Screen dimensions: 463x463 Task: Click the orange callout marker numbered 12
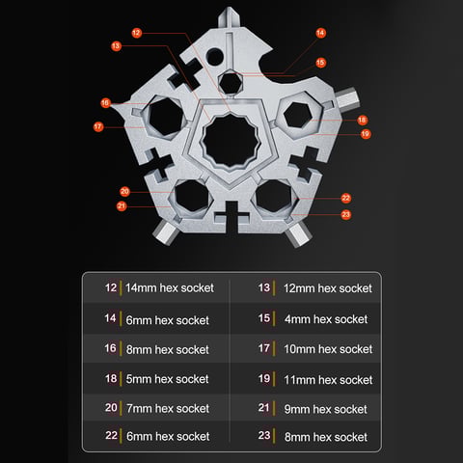coord(137,33)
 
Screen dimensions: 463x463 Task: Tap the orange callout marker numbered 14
coord(320,33)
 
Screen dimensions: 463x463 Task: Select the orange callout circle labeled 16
coord(105,103)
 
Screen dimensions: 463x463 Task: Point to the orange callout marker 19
coord(366,134)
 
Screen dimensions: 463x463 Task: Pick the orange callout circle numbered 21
coord(122,205)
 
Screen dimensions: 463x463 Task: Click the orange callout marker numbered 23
coord(345,214)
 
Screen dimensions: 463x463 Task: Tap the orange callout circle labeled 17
coord(98,126)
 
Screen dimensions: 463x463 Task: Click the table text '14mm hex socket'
coord(170,287)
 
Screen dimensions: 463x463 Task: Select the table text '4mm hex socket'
coord(326,319)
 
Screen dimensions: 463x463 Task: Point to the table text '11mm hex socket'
coord(328,380)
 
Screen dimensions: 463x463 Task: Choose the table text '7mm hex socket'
coord(168,408)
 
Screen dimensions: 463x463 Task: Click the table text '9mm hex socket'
coord(325,409)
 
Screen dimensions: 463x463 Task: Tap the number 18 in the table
coord(111,378)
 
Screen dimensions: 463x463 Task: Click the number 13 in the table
coord(264,287)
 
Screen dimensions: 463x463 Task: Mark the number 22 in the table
coord(111,435)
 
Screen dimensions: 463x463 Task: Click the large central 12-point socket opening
coord(231,141)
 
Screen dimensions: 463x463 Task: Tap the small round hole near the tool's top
coord(214,57)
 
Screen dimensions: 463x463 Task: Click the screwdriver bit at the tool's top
coord(229,17)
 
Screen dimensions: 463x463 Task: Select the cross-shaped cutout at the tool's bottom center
coord(231,215)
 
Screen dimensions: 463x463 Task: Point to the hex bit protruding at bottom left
coord(164,232)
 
